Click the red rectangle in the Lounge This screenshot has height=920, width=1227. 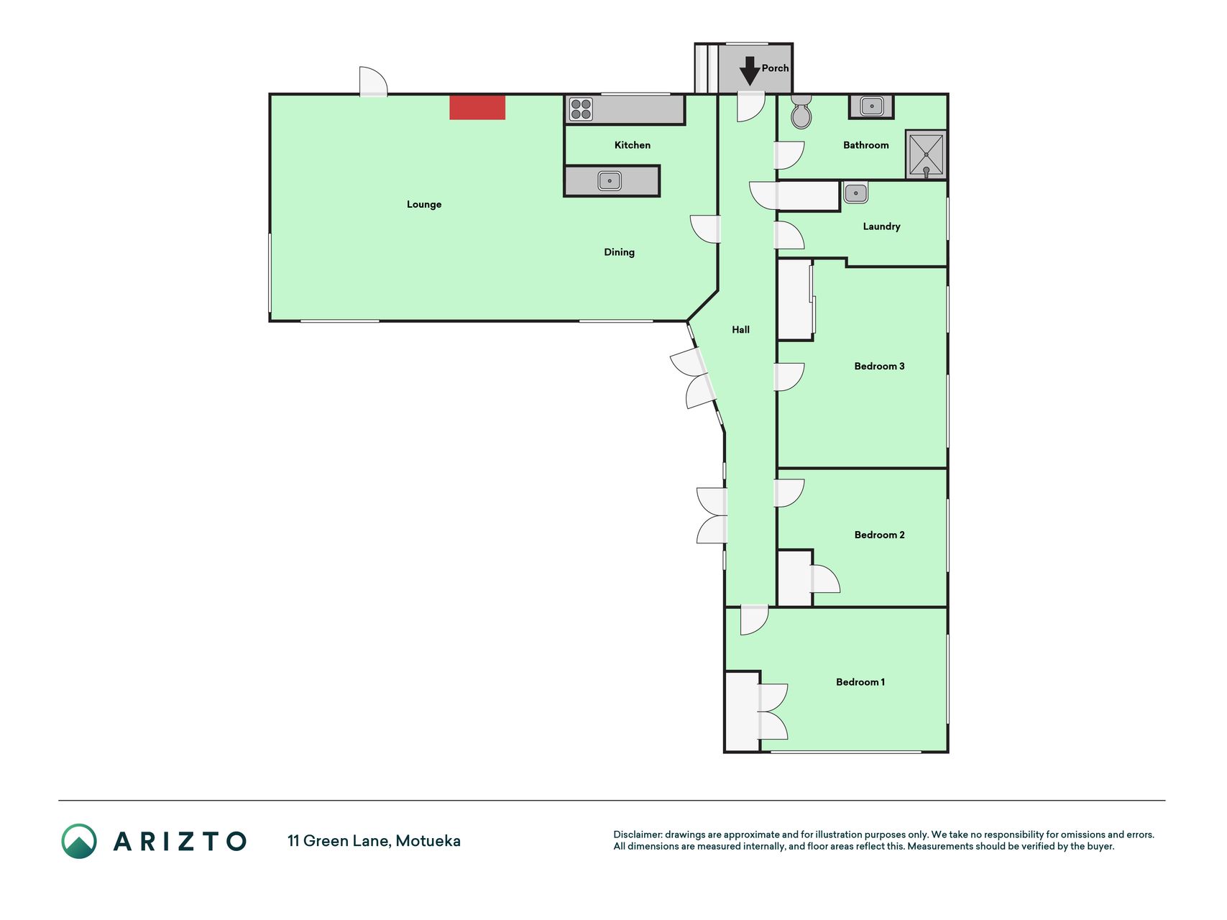(x=477, y=107)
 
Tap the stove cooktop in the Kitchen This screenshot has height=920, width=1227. (x=581, y=109)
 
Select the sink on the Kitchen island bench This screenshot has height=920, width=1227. (x=610, y=180)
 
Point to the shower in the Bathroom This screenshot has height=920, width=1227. (x=926, y=155)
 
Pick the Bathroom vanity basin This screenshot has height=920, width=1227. (x=871, y=106)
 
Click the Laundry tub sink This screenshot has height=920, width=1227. (x=855, y=193)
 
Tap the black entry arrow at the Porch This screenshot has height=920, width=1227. (x=750, y=71)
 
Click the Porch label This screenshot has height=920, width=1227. (x=775, y=68)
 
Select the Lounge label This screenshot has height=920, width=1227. (x=424, y=205)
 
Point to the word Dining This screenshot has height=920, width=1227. (x=619, y=252)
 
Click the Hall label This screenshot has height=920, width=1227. (x=740, y=330)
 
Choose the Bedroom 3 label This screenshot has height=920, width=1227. (x=879, y=367)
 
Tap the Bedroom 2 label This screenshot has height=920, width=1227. (x=879, y=535)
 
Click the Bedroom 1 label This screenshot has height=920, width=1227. (x=860, y=682)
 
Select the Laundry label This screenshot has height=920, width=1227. (x=881, y=226)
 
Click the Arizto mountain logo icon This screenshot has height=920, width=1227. (x=79, y=841)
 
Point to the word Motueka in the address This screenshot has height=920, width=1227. (x=428, y=841)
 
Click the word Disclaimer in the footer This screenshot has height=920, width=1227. (x=638, y=834)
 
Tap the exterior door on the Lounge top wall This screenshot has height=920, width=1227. (x=373, y=81)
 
